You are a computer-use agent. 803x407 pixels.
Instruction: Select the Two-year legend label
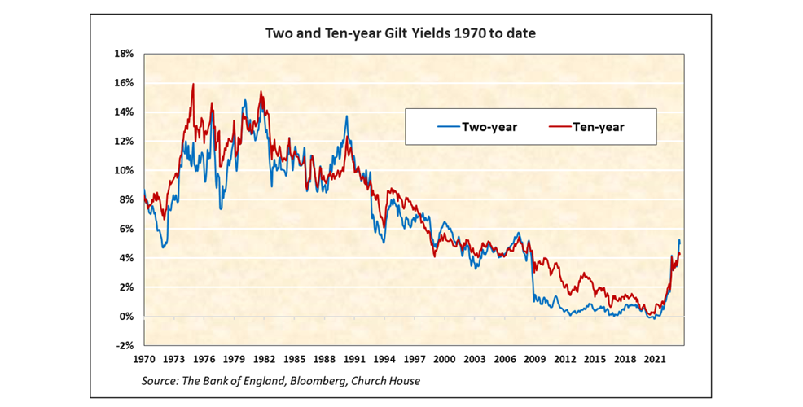click(489, 127)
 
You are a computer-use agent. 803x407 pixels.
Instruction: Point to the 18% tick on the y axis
click(124, 54)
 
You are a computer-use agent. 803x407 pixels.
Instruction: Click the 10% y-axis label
click(124, 171)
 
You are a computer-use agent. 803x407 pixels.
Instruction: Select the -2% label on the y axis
click(125, 346)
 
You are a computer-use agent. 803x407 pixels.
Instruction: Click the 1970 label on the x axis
click(143, 359)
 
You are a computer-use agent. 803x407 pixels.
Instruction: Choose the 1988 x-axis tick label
click(324, 359)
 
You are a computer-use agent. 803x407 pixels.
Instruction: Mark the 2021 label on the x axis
click(654, 359)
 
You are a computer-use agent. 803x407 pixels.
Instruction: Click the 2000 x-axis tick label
click(444, 359)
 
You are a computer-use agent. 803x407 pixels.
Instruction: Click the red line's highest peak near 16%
click(193, 84)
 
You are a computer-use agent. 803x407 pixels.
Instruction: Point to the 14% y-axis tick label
click(124, 112)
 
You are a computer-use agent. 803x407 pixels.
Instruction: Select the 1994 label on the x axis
click(384, 359)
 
